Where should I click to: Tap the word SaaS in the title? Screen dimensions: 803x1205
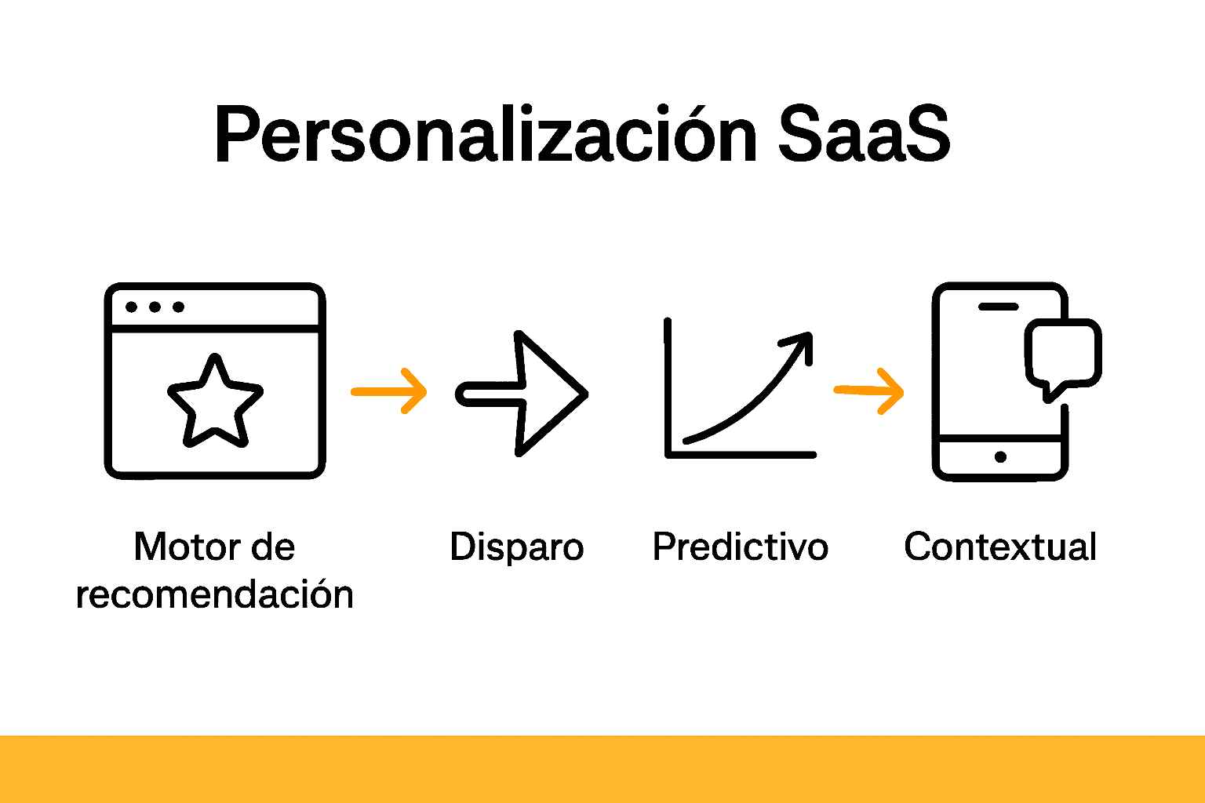864,135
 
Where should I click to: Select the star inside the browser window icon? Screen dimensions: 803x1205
215,401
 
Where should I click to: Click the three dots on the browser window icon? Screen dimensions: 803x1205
155,307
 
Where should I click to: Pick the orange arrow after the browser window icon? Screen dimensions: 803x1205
389,391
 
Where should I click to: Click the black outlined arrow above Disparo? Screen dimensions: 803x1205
522,394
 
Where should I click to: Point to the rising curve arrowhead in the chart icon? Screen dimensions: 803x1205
799,342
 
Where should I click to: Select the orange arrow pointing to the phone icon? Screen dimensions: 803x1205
869,391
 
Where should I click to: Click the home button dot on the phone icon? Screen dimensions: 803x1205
1000,457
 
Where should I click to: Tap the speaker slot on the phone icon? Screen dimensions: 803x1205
998,307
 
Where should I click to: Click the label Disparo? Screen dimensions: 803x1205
517,547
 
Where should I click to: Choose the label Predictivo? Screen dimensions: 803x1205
740,547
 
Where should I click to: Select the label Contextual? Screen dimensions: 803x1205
1000,547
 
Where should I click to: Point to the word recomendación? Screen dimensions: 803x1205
215,594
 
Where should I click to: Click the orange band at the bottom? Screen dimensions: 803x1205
602,768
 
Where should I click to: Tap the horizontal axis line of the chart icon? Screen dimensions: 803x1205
741,454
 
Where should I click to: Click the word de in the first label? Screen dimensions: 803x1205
273,547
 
